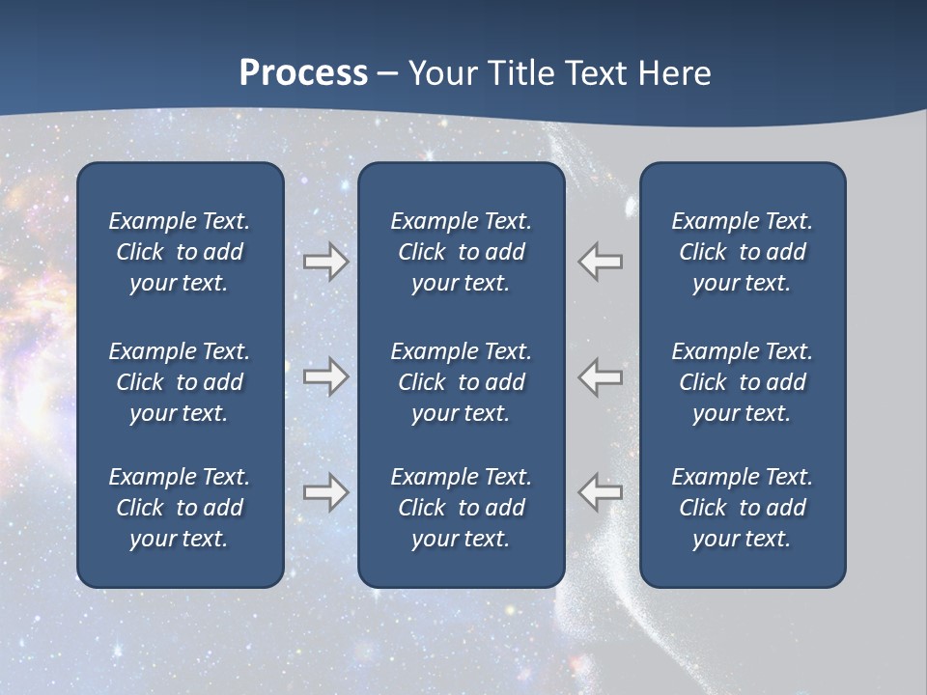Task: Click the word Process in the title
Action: tap(303, 73)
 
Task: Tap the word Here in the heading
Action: tap(674, 73)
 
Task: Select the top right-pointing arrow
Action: tap(325, 262)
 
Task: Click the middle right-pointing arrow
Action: tap(325, 376)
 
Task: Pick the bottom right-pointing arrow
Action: tap(325, 491)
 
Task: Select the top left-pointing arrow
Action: tap(601, 262)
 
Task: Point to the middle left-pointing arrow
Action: tap(601, 376)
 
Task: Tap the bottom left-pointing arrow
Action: tap(601, 491)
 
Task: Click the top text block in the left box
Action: tap(180, 252)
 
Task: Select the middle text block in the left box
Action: tap(180, 382)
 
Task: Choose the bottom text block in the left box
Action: tap(180, 508)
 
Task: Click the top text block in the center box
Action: tap(461, 252)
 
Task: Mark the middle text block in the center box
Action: tap(461, 382)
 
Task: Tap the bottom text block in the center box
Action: tap(461, 508)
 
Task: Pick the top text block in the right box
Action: tap(742, 252)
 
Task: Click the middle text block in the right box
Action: tap(742, 382)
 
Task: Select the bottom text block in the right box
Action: tap(742, 508)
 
